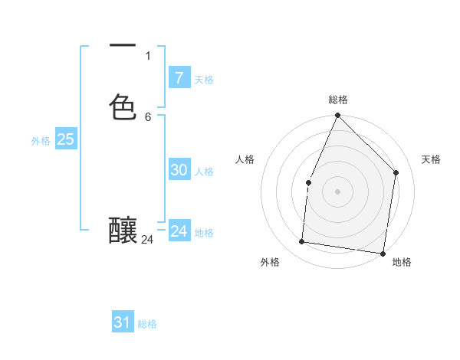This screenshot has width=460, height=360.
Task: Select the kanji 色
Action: pos(123,106)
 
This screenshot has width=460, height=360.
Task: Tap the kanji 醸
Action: pos(123,231)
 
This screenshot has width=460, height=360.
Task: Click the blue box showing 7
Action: pos(179,77)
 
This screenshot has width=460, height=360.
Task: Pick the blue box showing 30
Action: pos(179,170)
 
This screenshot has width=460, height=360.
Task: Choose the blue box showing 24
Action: pos(179,231)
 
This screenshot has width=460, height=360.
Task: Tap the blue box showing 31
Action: pos(123,322)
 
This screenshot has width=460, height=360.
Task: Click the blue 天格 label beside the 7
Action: pos(204,80)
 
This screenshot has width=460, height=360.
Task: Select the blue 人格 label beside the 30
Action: pos(204,172)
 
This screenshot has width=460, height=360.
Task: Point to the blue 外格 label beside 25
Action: pos(41,141)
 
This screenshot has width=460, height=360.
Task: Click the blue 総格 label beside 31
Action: pos(147,324)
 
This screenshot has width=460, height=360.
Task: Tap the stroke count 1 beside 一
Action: pos(148,55)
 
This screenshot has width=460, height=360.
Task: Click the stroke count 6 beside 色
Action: pos(148,116)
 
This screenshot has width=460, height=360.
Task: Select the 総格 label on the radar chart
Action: pos(337,100)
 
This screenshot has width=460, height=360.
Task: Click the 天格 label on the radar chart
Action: pos(431,159)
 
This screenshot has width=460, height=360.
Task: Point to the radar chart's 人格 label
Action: pos(245,159)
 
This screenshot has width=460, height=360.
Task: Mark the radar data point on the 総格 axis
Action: pos(337,116)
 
